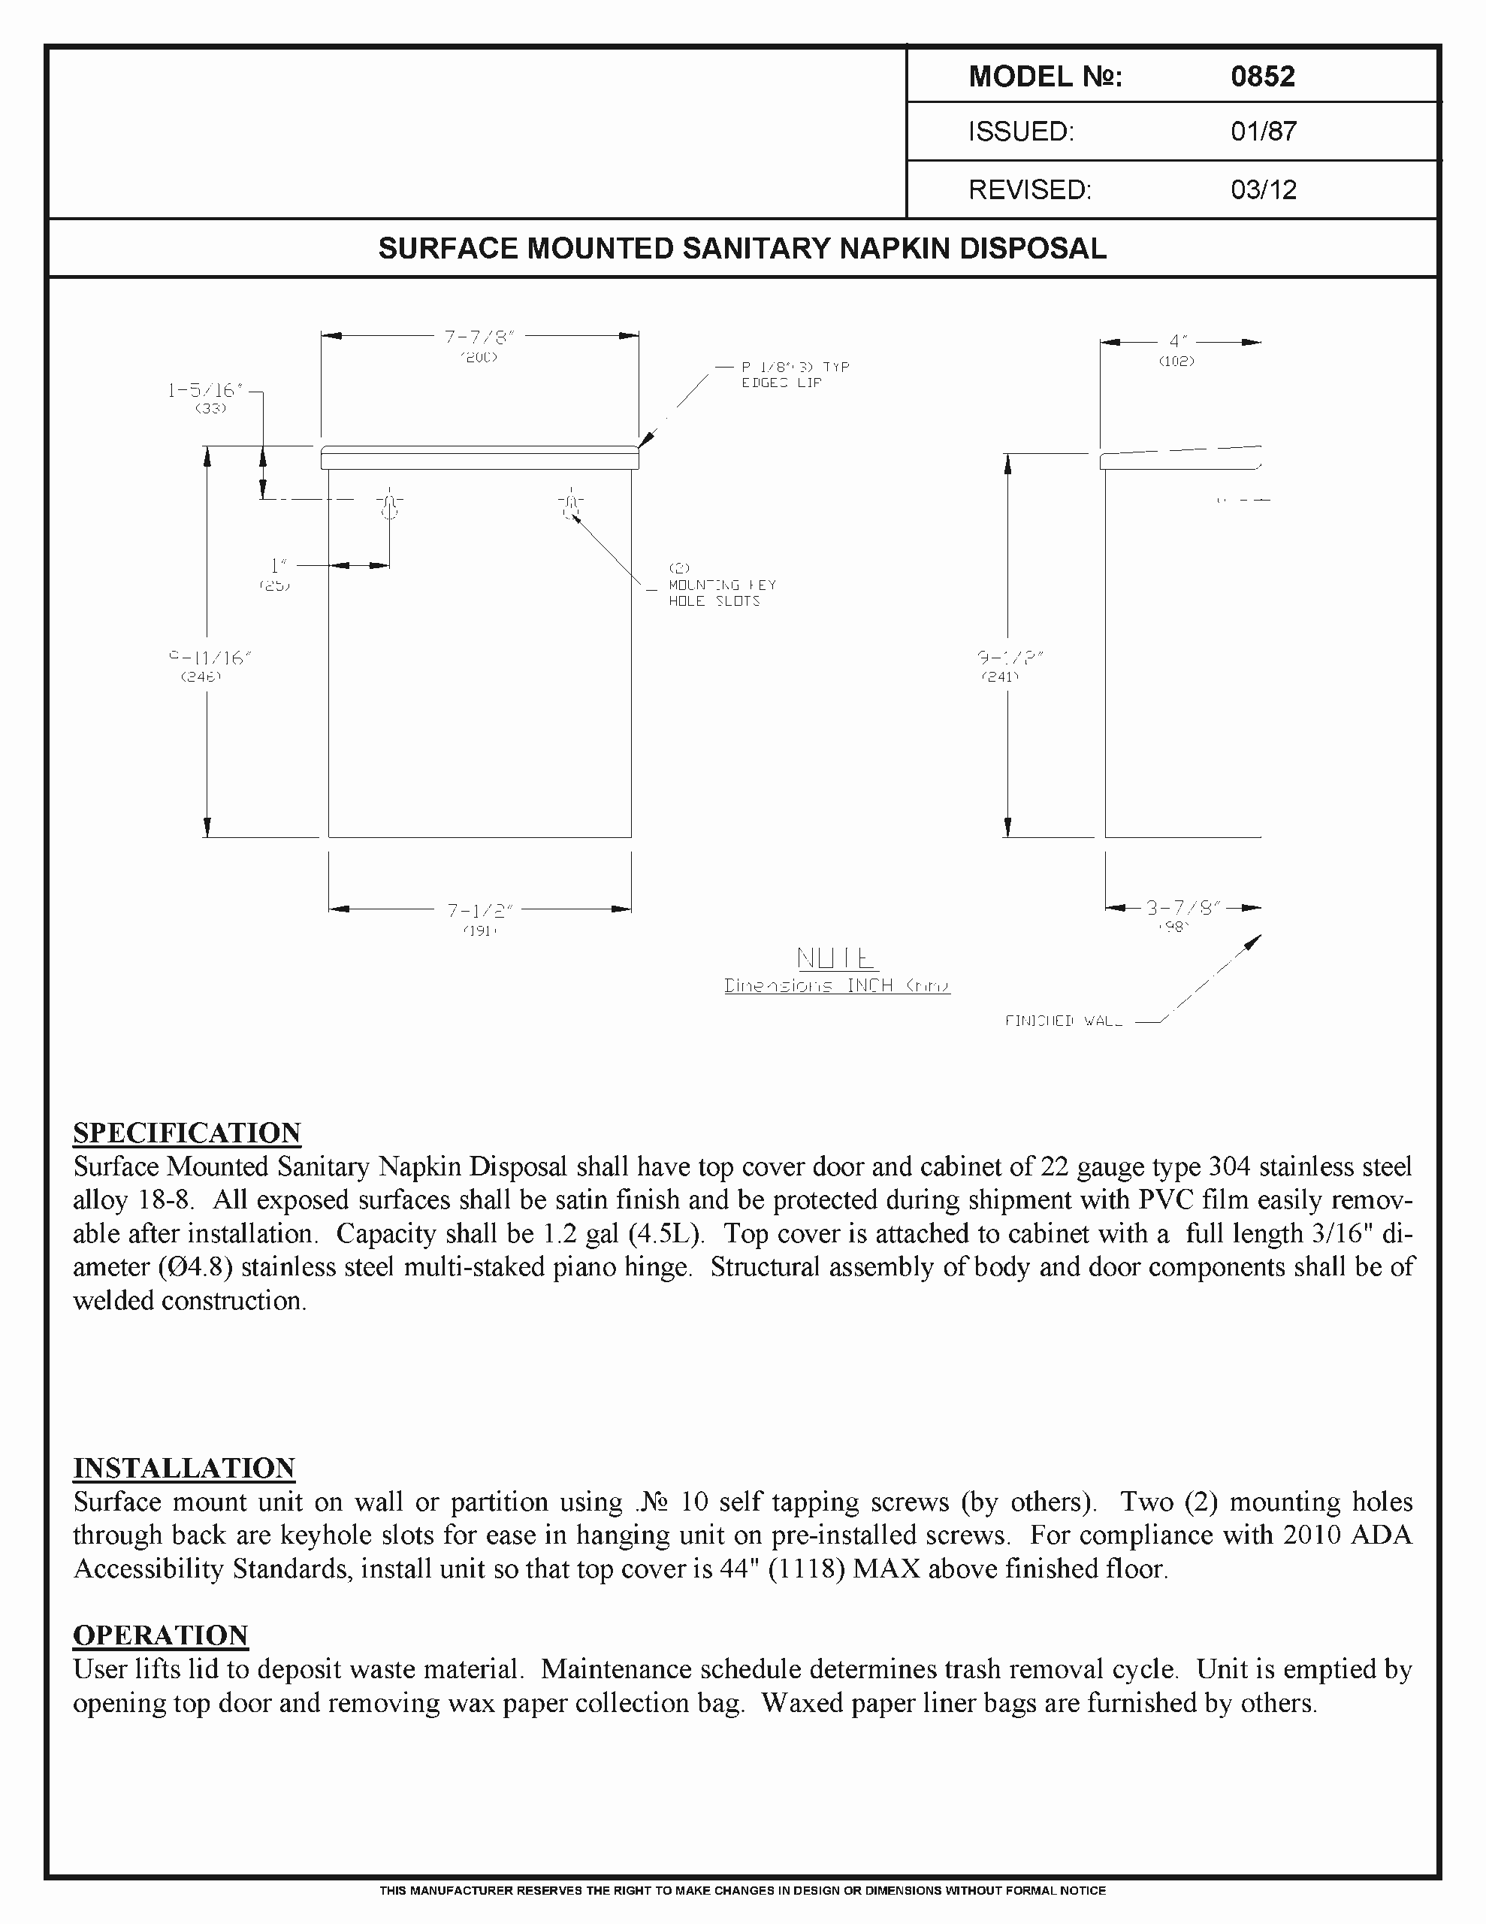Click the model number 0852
point(1262,77)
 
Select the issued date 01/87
point(1263,132)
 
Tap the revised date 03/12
point(1263,190)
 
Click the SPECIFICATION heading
point(187,1133)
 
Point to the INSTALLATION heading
point(183,1469)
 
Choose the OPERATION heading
point(160,1636)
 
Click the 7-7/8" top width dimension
point(479,337)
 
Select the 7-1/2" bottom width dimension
point(479,911)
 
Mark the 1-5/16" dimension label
point(204,390)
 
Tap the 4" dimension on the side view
point(1179,342)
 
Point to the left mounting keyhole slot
point(388,505)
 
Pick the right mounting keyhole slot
point(570,505)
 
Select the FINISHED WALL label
point(1063,1021)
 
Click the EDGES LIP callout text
point(781,383)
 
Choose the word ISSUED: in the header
point(1021,132)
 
